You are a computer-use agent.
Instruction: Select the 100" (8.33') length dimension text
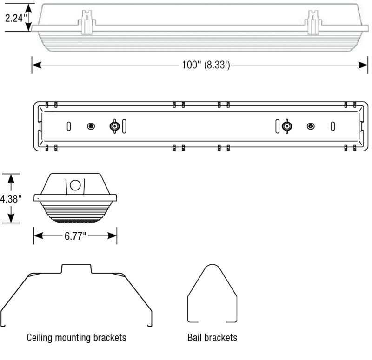click(x=206, y=65)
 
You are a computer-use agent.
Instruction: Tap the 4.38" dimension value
click(x=10, y=199)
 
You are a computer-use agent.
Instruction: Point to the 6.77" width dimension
click(x=75, y=236)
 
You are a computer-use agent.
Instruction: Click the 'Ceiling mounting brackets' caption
click(x=77, y=337)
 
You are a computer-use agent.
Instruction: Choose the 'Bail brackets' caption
click(x=212, y=337)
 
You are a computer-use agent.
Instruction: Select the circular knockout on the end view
click(x=75, y=185)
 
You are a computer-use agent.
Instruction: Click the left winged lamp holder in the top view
click(x=114, y=126)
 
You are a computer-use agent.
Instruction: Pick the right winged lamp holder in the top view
click(x=287, y=126)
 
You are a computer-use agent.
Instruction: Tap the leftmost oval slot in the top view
click(x=68, y=126)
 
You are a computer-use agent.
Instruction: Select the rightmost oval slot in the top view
click(x=333, y=126)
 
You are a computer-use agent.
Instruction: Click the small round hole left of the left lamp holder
click(x=91, y=126)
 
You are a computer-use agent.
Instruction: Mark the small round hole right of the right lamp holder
click(x=310, y=126)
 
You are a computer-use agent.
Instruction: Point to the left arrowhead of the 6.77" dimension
click(x=37, y=236)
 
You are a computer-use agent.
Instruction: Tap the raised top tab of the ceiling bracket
click(x=77, y=268)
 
